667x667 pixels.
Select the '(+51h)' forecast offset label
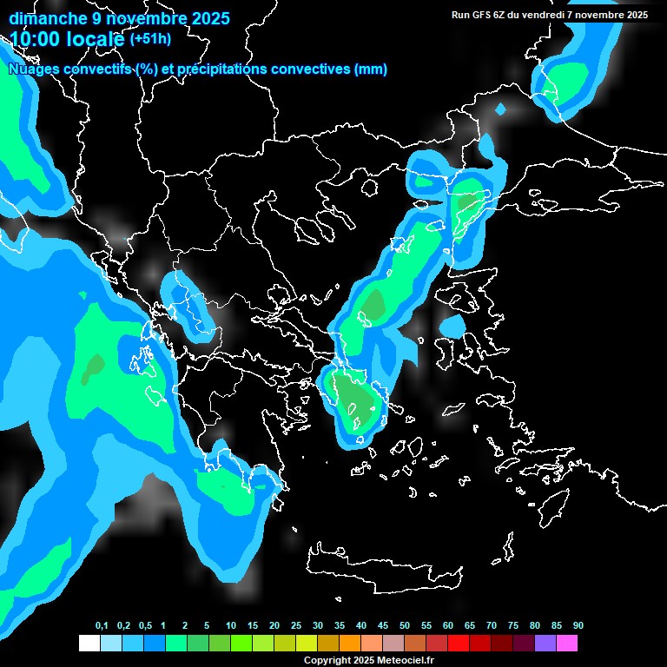tap(150, 38)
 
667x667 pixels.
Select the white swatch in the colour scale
tap(89, 644)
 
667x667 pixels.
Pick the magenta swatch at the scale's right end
tap(567, 644)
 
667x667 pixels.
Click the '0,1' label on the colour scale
tap(102, 626)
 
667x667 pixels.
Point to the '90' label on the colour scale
tap(578, 626)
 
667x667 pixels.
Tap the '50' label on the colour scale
tap(405, 626)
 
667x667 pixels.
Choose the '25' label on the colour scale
tap(296, 626)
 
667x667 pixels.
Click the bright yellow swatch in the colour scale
tap(307, 644)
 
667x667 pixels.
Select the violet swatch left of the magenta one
tap(545, 644)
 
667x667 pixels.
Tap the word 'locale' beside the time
tap(96, 38)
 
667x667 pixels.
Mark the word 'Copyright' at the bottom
tap(327, 661)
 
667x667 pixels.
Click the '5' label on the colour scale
tap(207, 626)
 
